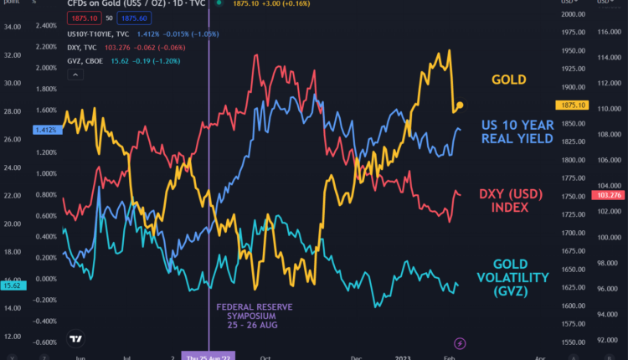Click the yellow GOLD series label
(x=509, y=80)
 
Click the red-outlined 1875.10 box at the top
(x=87, y=17)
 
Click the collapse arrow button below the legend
(x=77, y=75)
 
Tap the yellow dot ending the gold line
(x=460, y=105)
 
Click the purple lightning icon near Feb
(x=459, y=343)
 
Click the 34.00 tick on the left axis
(x=11, y=27)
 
